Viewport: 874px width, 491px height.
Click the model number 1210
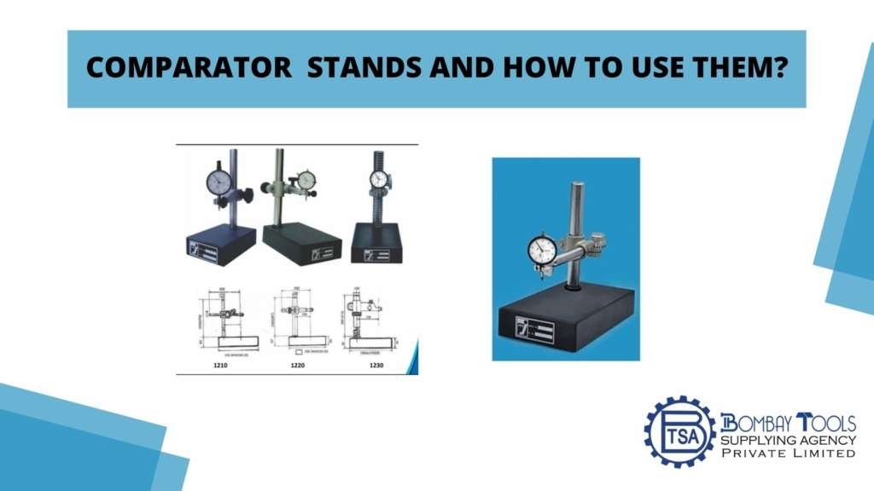click(221, 364)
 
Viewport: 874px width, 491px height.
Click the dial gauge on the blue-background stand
click(543, 250)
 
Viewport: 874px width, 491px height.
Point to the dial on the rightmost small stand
click(379, 180)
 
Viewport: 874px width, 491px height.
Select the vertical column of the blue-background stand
click(577, 209)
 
